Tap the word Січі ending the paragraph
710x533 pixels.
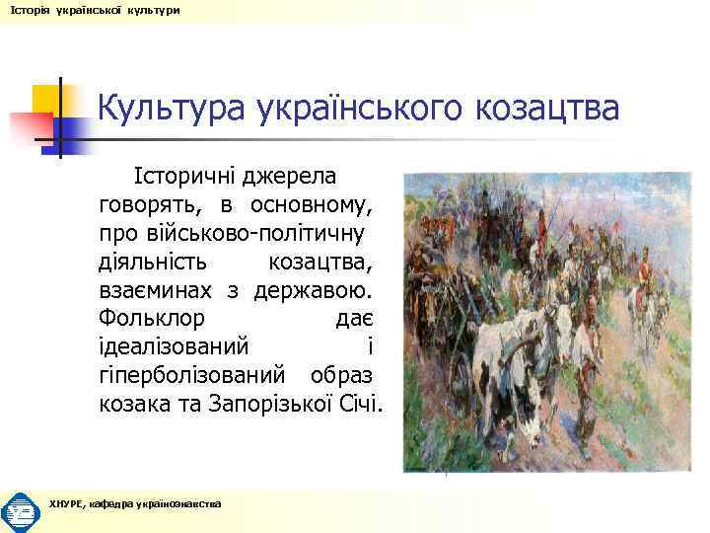[x=362, y=405]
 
